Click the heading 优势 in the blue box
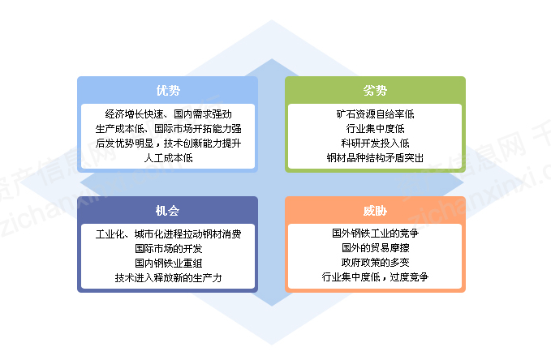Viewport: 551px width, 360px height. click(x=168, y=89)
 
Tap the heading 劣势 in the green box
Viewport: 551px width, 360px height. click(x=375, y=89)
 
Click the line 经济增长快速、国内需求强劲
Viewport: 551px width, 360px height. click(x=168, y=114)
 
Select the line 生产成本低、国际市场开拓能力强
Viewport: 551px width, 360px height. click(x=168, y=129)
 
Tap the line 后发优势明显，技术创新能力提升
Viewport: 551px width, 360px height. click(x=168, y=144)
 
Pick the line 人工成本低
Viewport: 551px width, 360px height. click(x=168, y=158)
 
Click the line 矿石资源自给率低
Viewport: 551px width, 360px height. click(x=375, y=114)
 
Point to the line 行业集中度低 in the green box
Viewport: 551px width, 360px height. click(x=375, y=129)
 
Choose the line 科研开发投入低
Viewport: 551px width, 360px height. click(x=375, y=144)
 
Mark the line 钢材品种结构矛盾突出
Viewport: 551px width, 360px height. click(x=375, y=158)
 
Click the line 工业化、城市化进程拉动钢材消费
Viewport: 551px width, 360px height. click(x=168, y=234)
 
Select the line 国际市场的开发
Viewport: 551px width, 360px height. click(x=168, y=249)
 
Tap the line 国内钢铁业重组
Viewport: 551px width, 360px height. click(x=168, y=264)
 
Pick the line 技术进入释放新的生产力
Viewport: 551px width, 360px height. click(x=168, y=278)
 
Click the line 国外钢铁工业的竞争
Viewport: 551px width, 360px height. click(x=375, y=234)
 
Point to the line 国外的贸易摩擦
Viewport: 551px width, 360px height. click(x=375, y=248)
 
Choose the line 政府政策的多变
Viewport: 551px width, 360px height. click(x=375, y=263)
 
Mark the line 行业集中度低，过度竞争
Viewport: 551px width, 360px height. click(x=375, y=277)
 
